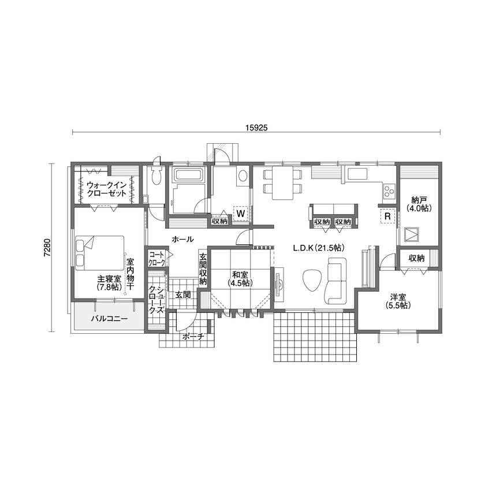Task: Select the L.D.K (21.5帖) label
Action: (x=318, y=248)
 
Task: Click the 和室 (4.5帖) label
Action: (x=239, y=279)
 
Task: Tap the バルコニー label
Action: (x=109, y=318)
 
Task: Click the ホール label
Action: (x=182, y=239)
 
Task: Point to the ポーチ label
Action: (x=192, y=337)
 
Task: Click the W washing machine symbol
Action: (x=241, y=214)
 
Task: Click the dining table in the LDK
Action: (x=283, y=183)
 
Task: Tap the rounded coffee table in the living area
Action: (x=312, y=281)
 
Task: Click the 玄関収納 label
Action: (x=203, y=269)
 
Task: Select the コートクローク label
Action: (x=156, y=258)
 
